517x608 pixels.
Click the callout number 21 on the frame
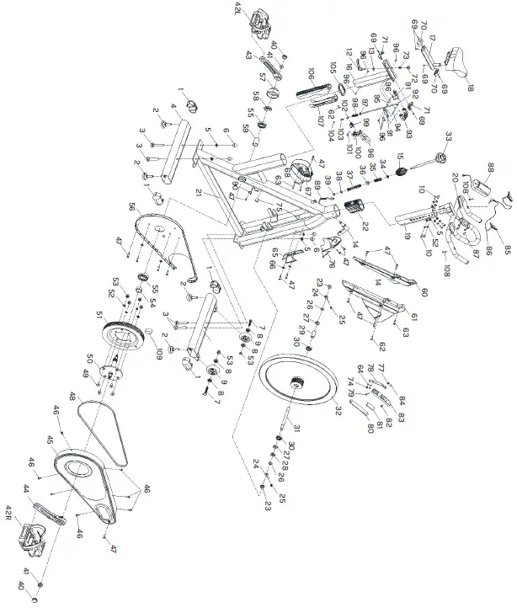coord(200,195)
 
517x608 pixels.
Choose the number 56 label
coord(131,206)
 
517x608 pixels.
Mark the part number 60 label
coord(424,293)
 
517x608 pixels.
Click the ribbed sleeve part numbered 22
coord(351,207)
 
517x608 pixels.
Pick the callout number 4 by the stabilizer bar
coord(173,108)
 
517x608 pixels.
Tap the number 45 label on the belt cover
coord(50,439)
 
